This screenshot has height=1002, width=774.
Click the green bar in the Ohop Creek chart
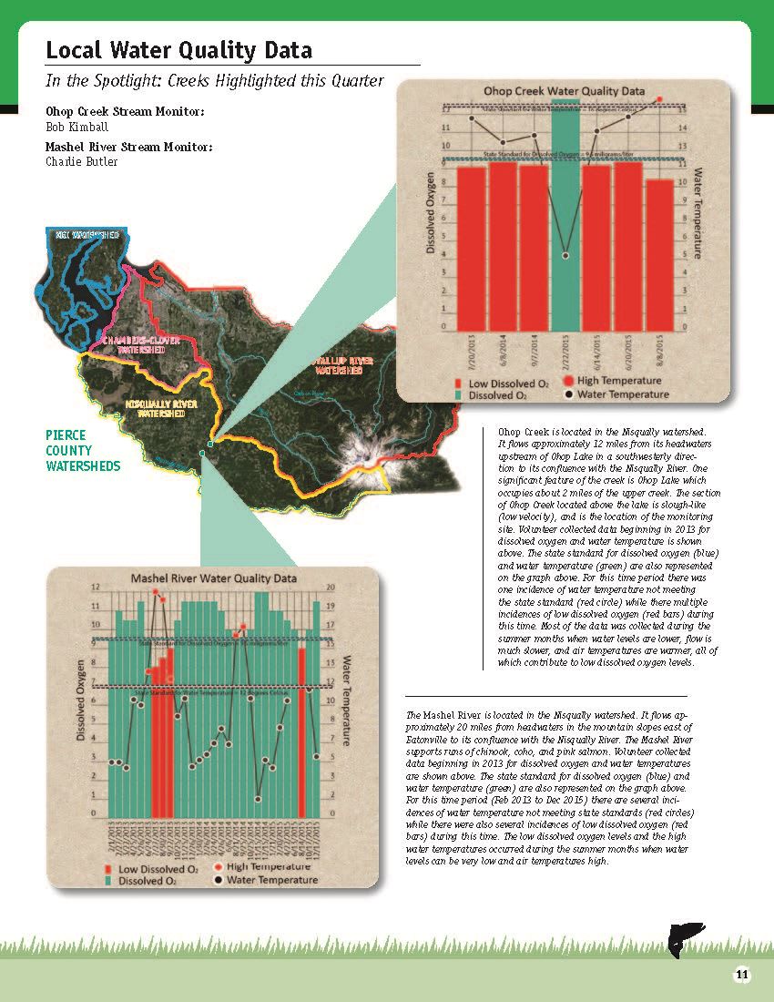pos(565,228)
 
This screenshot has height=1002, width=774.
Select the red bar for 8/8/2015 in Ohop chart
pos(660,255)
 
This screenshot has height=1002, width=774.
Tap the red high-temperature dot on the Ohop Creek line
pos(659,97)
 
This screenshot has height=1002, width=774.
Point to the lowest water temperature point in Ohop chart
pos(565,255)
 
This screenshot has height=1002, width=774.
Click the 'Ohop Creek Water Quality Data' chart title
pos(565,91)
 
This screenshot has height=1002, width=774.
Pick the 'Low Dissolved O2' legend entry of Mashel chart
pos(157,869)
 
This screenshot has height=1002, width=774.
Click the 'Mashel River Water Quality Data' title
pos(214,578)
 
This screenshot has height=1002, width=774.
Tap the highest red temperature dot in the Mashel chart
pos(156,592)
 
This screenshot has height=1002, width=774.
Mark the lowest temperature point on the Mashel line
pos(258,799)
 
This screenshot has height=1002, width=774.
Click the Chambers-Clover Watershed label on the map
pos(140,344)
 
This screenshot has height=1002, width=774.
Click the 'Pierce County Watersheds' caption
pos(82,451)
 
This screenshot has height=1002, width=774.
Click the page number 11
pos(742,975)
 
